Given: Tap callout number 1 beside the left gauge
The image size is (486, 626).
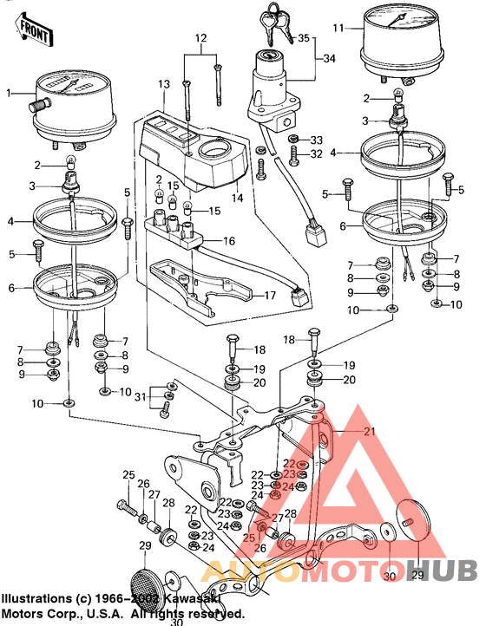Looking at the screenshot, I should (x=9, y=93).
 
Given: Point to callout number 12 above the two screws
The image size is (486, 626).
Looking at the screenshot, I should (x=200, y=39).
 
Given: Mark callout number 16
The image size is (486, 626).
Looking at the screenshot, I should (x=229, y=240).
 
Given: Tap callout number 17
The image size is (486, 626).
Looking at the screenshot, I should (x=270, y=295).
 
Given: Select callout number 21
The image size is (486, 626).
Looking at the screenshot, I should (x=371, y=431).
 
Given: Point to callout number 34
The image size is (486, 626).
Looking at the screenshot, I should (x=327, y=58).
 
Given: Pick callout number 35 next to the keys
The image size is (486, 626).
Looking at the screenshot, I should (x=302, y=38).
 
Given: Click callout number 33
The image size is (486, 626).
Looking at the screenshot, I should (x=316, y=140).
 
